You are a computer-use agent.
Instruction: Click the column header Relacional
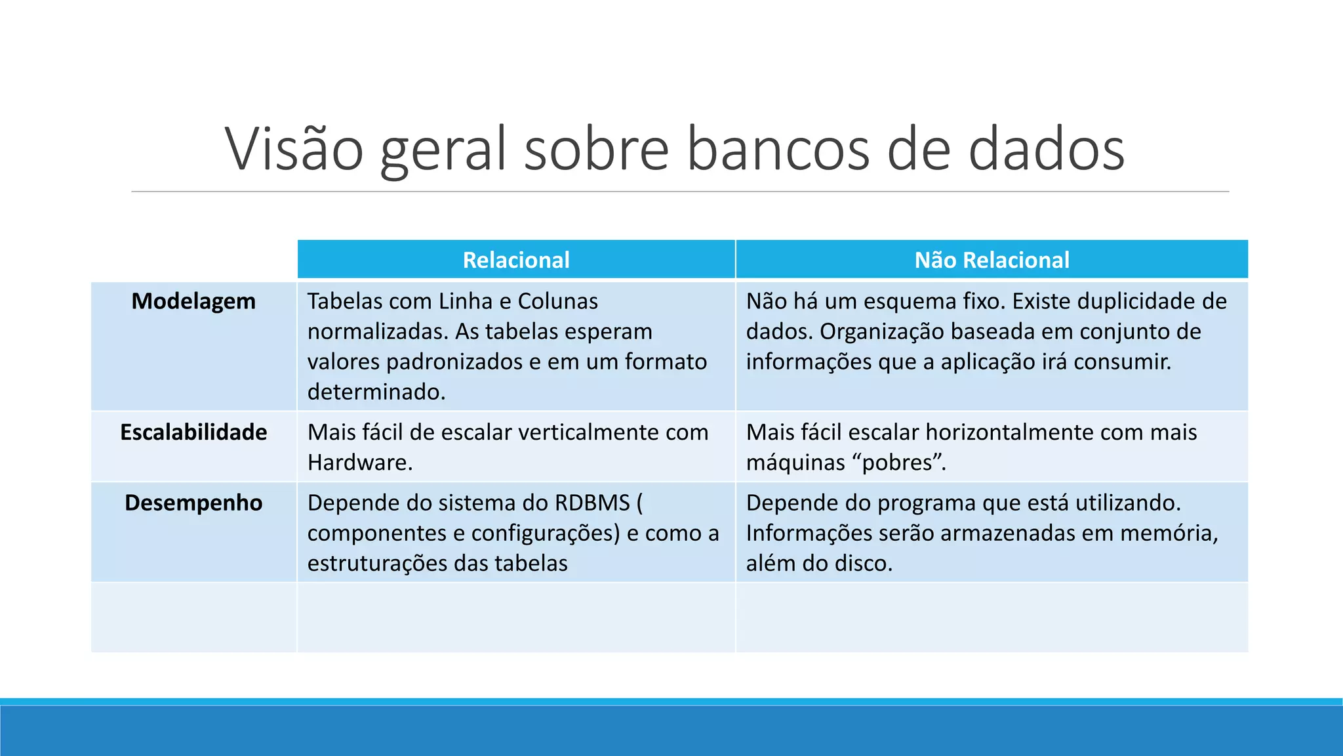click(x=516, y=260)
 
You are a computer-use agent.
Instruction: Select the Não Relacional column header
click(x=992, y=260)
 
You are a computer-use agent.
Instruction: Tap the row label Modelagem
click(x=193, y=301)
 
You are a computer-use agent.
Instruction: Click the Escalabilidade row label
click(x=193, y=432)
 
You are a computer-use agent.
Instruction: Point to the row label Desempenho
click(x=193, y=503)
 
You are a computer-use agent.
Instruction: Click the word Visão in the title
click(x=294, y=149)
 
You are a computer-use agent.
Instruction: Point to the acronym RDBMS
click(x=592, y=503)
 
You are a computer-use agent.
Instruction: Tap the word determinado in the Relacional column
click(x=376, y=392)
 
